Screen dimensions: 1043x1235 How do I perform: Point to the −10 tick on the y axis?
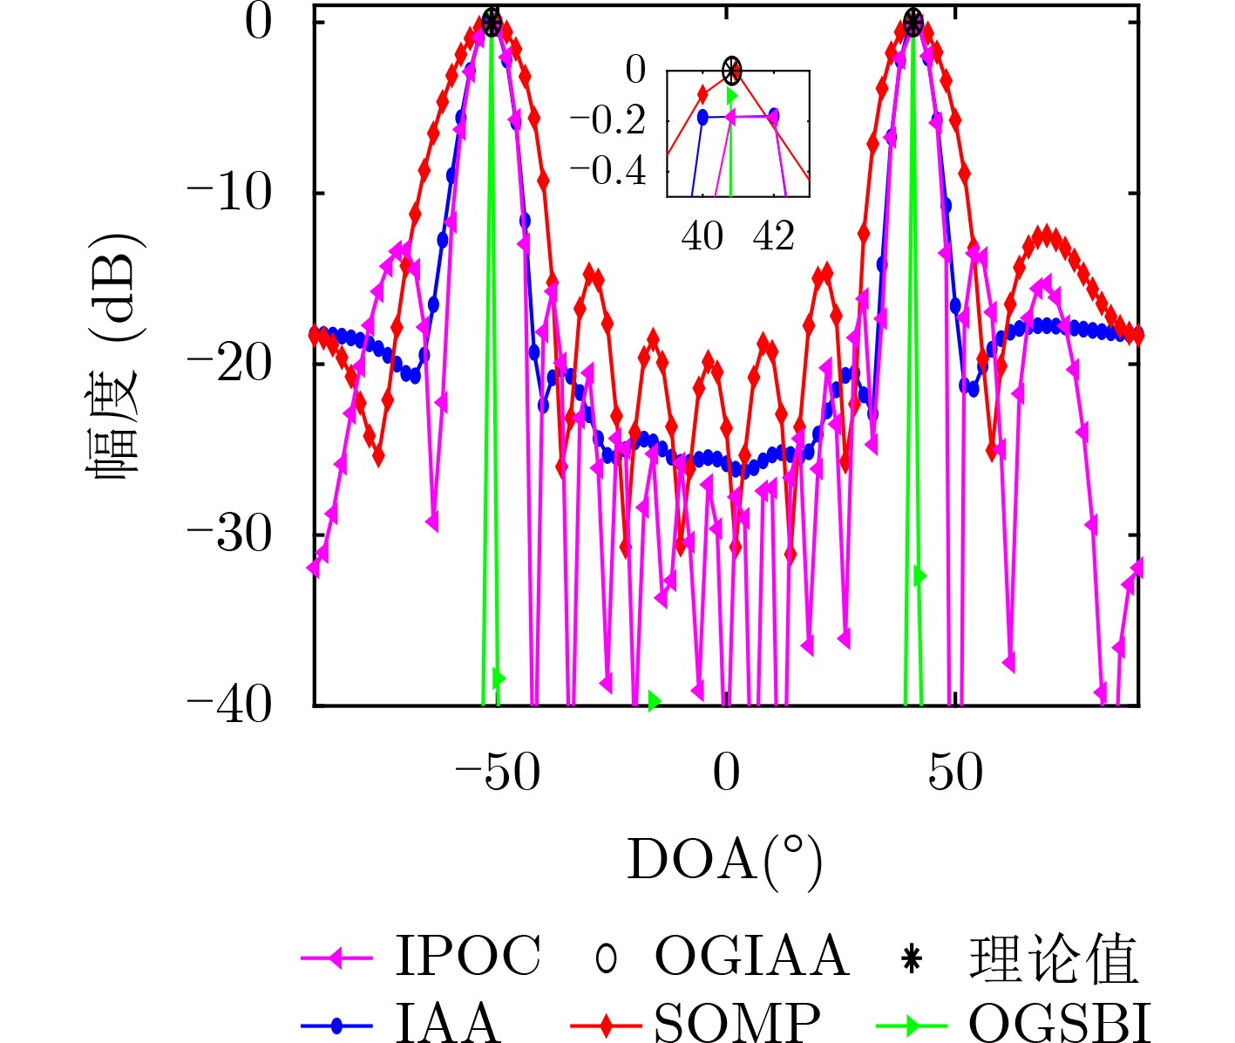[230, 193]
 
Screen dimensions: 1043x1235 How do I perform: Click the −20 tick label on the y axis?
[230, 364]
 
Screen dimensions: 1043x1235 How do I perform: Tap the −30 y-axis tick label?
[230, 535]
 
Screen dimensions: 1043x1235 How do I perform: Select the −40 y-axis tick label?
[230, 705]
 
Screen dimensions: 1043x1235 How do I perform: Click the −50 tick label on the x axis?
[497, 773]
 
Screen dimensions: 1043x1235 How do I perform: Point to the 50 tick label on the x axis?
[955, 773]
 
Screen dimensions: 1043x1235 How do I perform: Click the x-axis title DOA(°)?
[724, 862]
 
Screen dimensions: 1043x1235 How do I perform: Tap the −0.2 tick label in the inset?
[607, 121]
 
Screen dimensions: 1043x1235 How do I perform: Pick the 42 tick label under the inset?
[774, 236]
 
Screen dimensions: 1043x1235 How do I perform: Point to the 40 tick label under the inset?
[702, 236]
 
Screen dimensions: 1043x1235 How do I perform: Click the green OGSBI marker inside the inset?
[732, 95]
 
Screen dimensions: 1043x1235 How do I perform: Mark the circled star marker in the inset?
[732, 70]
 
